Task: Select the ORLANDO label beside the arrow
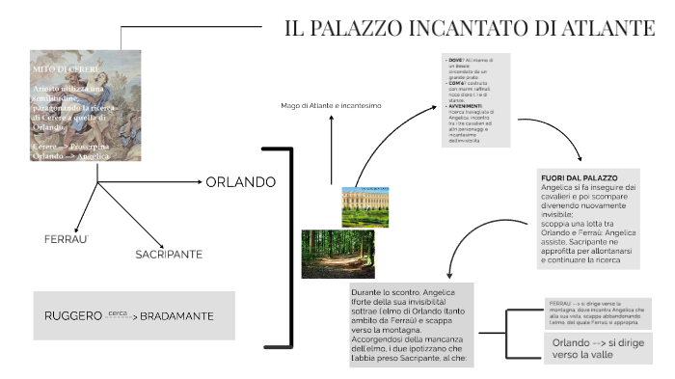241,181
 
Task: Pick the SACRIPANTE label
168,255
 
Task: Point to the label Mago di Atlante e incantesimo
332,104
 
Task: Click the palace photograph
365,205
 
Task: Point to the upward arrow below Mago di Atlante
331,149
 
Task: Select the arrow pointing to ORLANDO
149,181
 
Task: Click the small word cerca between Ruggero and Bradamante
118,313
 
